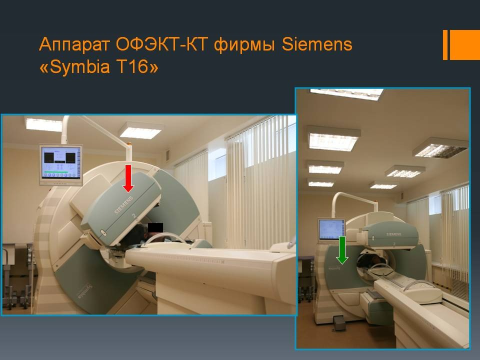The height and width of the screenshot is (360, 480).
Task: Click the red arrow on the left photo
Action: point(128,178)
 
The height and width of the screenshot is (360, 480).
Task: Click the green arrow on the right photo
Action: point(342,249)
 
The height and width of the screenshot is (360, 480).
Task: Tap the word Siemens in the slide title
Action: point(317,45)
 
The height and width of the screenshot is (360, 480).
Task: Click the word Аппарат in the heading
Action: point(74,45)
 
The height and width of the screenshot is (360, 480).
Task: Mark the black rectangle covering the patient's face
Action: point(155,228)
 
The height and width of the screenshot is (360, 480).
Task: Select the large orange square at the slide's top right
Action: point(464,44)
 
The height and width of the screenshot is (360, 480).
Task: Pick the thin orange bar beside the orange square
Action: point(445,44)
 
